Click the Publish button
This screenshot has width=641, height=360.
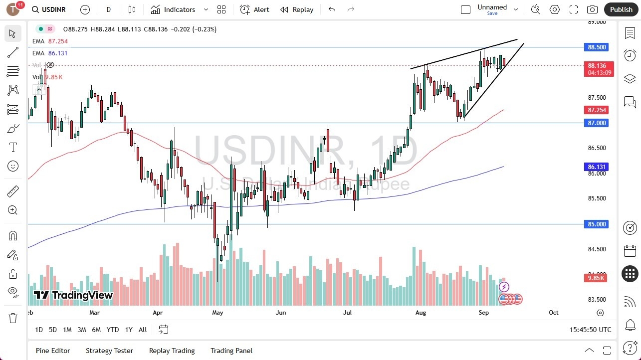click(621, 9)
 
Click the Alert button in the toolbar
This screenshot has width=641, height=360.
click(254, 9)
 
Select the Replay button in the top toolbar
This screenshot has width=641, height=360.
click(297, 9)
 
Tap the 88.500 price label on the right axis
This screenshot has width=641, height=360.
click(597, 47)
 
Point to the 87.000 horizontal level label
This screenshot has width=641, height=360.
click(597, 123)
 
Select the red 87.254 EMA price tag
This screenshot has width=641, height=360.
click(597, 110)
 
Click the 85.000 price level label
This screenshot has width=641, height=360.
click(597, 224)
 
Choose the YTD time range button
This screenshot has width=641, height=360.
click(113, 330)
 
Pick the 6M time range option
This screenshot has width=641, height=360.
click(96, 330)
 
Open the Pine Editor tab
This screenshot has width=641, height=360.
click(53, 351)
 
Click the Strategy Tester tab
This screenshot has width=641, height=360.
click(109, 351)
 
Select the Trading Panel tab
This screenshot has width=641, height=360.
click(231, 351)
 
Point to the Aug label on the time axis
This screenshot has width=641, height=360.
click(421, 313)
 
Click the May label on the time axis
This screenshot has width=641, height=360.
click(217, 313)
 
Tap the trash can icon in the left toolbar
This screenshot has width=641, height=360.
click(13, 318)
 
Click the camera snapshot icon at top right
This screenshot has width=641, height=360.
click(592, 9)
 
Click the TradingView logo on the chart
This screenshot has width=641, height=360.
click(73, 295)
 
